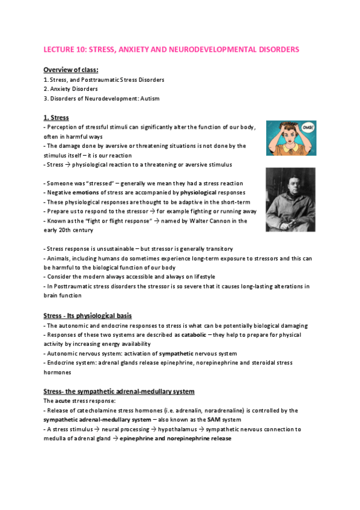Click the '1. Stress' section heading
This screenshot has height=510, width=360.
click(56, 117)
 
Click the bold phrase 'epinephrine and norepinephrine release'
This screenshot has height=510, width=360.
click(175, 438)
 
